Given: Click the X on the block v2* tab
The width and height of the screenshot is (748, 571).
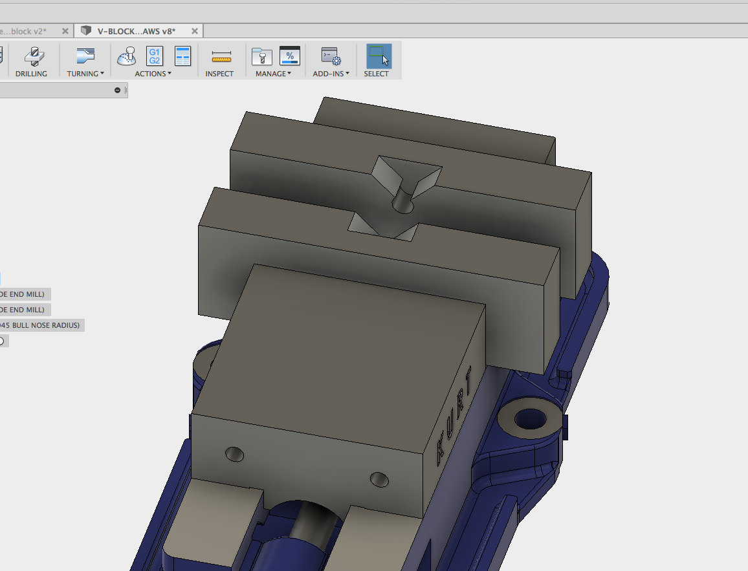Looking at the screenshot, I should (x=65, y=31).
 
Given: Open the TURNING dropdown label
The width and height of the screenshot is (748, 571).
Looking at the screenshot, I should (x=85, y=74).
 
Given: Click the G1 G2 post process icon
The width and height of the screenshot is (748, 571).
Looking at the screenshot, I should (x=155, y=56).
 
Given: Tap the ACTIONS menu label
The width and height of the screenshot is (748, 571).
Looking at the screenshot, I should (x=153, y=74).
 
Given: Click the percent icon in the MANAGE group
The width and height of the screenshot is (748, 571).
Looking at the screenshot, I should (x=290, y=56).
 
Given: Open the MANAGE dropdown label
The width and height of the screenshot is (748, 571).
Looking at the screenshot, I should (x=273, y=74).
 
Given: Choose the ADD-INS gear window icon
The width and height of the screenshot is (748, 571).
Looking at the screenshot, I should (x=331, y=56).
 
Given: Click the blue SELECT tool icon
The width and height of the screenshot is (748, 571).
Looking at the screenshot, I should (x=379, y=56).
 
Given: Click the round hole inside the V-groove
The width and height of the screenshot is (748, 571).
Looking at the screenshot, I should (x=402, y=203).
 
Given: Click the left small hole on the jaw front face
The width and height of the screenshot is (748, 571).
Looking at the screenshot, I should (x=234, y=455).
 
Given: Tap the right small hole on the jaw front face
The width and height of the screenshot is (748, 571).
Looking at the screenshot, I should (x=379, y=479).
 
